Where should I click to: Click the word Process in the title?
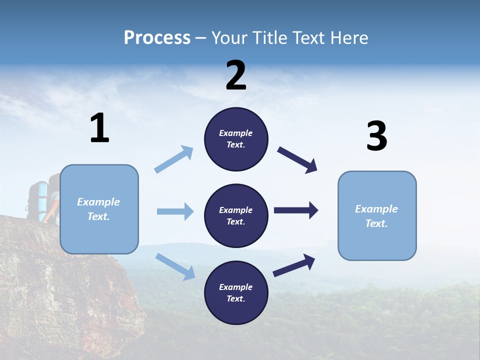157,38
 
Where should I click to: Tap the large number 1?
99,128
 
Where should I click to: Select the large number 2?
236,76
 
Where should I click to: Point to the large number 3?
376,136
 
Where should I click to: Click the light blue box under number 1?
99,209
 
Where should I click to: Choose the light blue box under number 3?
377,215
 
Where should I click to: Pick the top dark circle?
236,139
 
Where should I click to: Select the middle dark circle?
236,215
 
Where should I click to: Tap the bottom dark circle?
236,292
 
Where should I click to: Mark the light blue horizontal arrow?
175,211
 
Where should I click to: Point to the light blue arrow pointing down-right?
175,266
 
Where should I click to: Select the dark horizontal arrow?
296,210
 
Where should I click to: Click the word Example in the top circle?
236,133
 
